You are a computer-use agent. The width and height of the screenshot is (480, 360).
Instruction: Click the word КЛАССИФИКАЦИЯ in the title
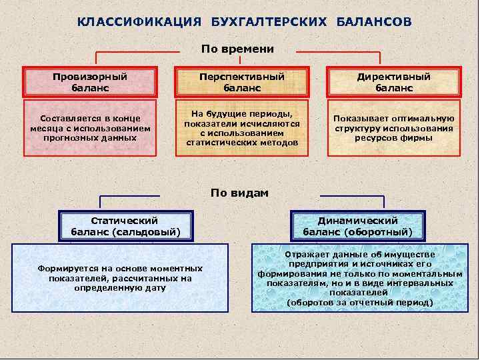139,22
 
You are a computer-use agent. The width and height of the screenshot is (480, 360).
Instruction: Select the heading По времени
238,49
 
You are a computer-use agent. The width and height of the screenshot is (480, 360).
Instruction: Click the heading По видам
239,193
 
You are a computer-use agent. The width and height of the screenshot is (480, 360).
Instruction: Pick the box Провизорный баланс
90,82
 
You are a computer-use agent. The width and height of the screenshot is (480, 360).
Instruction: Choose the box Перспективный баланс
242,82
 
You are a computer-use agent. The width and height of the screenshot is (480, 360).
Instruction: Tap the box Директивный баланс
394,82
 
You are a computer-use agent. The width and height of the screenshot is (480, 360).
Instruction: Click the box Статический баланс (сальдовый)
125,226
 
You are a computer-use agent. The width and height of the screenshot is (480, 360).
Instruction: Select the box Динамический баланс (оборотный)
358,226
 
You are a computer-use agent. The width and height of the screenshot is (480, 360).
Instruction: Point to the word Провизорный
90,77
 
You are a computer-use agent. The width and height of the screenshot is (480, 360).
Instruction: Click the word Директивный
394,77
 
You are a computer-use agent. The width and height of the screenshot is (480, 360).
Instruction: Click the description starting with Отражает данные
359,279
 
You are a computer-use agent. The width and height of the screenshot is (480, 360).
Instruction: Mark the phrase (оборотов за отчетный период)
359,302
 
